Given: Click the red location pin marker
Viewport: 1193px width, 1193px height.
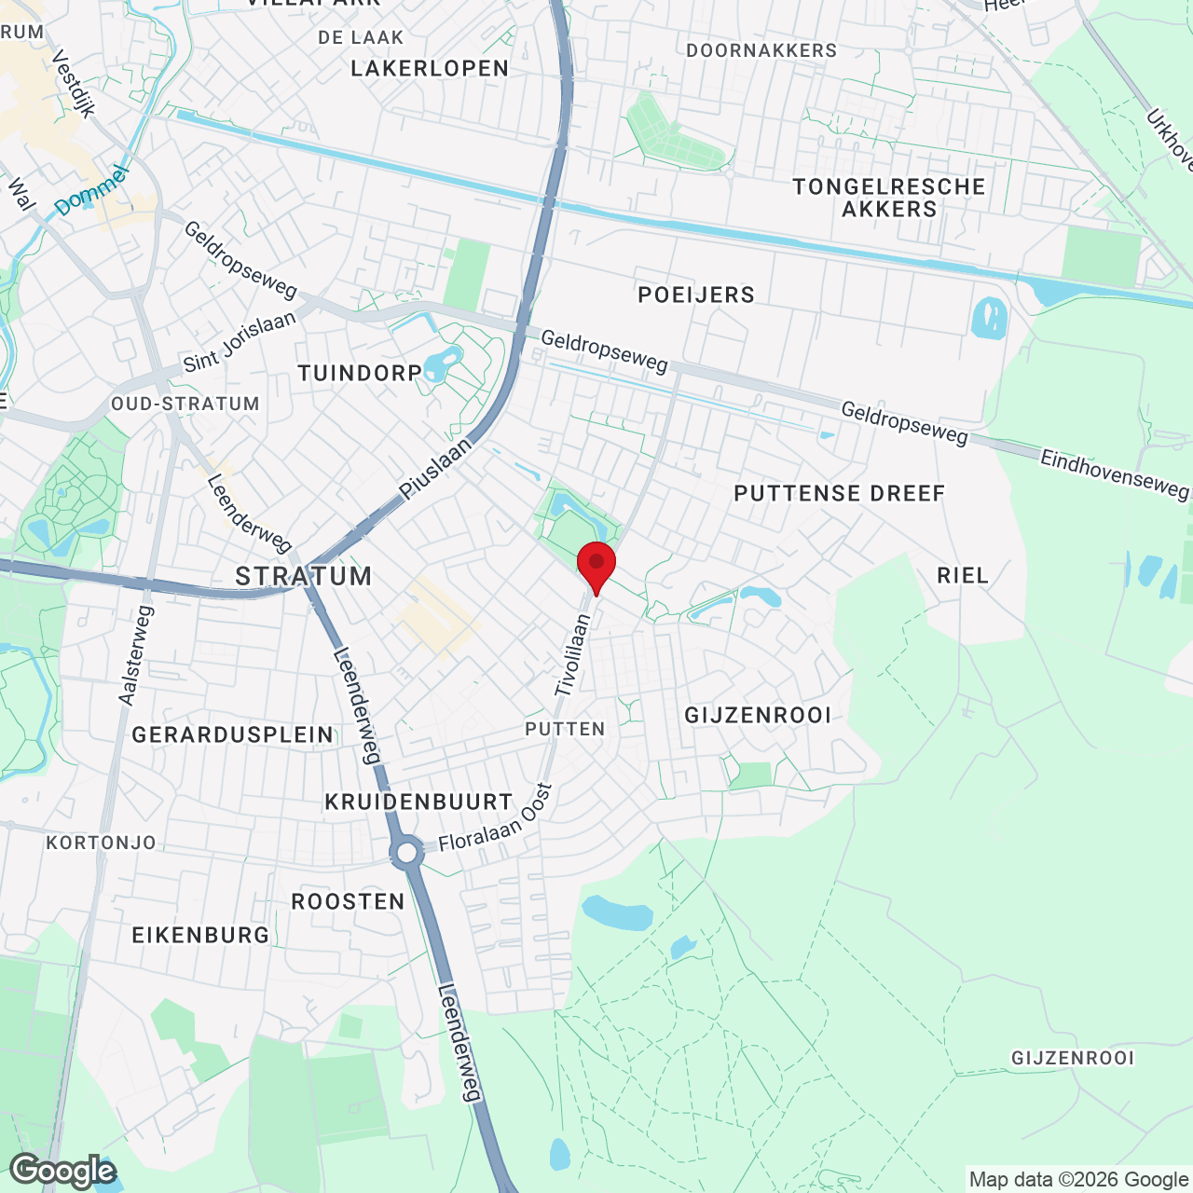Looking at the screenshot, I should click(x=596, y=564).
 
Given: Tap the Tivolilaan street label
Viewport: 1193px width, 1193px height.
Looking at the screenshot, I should click(x=572, y=654).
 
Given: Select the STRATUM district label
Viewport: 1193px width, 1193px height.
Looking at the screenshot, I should click(x=304, y=576).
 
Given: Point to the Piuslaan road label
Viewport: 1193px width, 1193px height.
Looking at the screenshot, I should click(x=435, y=470).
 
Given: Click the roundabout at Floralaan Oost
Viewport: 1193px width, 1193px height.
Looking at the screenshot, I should click(x=407, y=852).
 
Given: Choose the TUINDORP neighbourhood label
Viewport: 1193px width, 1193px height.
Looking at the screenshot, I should click(x=360, y=374).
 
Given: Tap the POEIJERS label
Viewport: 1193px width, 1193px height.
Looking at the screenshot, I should click(x=696, y=295).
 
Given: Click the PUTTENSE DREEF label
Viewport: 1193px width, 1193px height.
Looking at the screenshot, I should click(x=839, y=493).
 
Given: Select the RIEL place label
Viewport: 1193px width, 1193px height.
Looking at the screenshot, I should click(x=963, y=575).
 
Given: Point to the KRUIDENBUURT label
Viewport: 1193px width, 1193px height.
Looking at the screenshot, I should click(x=418, y=802).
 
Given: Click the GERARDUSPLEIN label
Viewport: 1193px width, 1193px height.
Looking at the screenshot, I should click(x=232, y=735).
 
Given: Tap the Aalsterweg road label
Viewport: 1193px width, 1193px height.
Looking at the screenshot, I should click(x=136, y=654).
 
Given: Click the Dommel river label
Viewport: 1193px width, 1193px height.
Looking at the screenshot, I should click(x=90, y=191).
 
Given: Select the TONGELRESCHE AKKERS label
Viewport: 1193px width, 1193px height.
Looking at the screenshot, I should click(x=889, y=198).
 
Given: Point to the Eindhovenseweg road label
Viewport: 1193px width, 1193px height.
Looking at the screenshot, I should click(x=1115, y=473).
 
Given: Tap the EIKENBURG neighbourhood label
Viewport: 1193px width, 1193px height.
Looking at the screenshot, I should click(x=200, y=935).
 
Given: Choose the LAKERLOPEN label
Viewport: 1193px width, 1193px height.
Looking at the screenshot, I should click(x=430, y=68).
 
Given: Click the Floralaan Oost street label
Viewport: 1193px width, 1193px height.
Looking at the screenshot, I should click(x=495, y=817).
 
